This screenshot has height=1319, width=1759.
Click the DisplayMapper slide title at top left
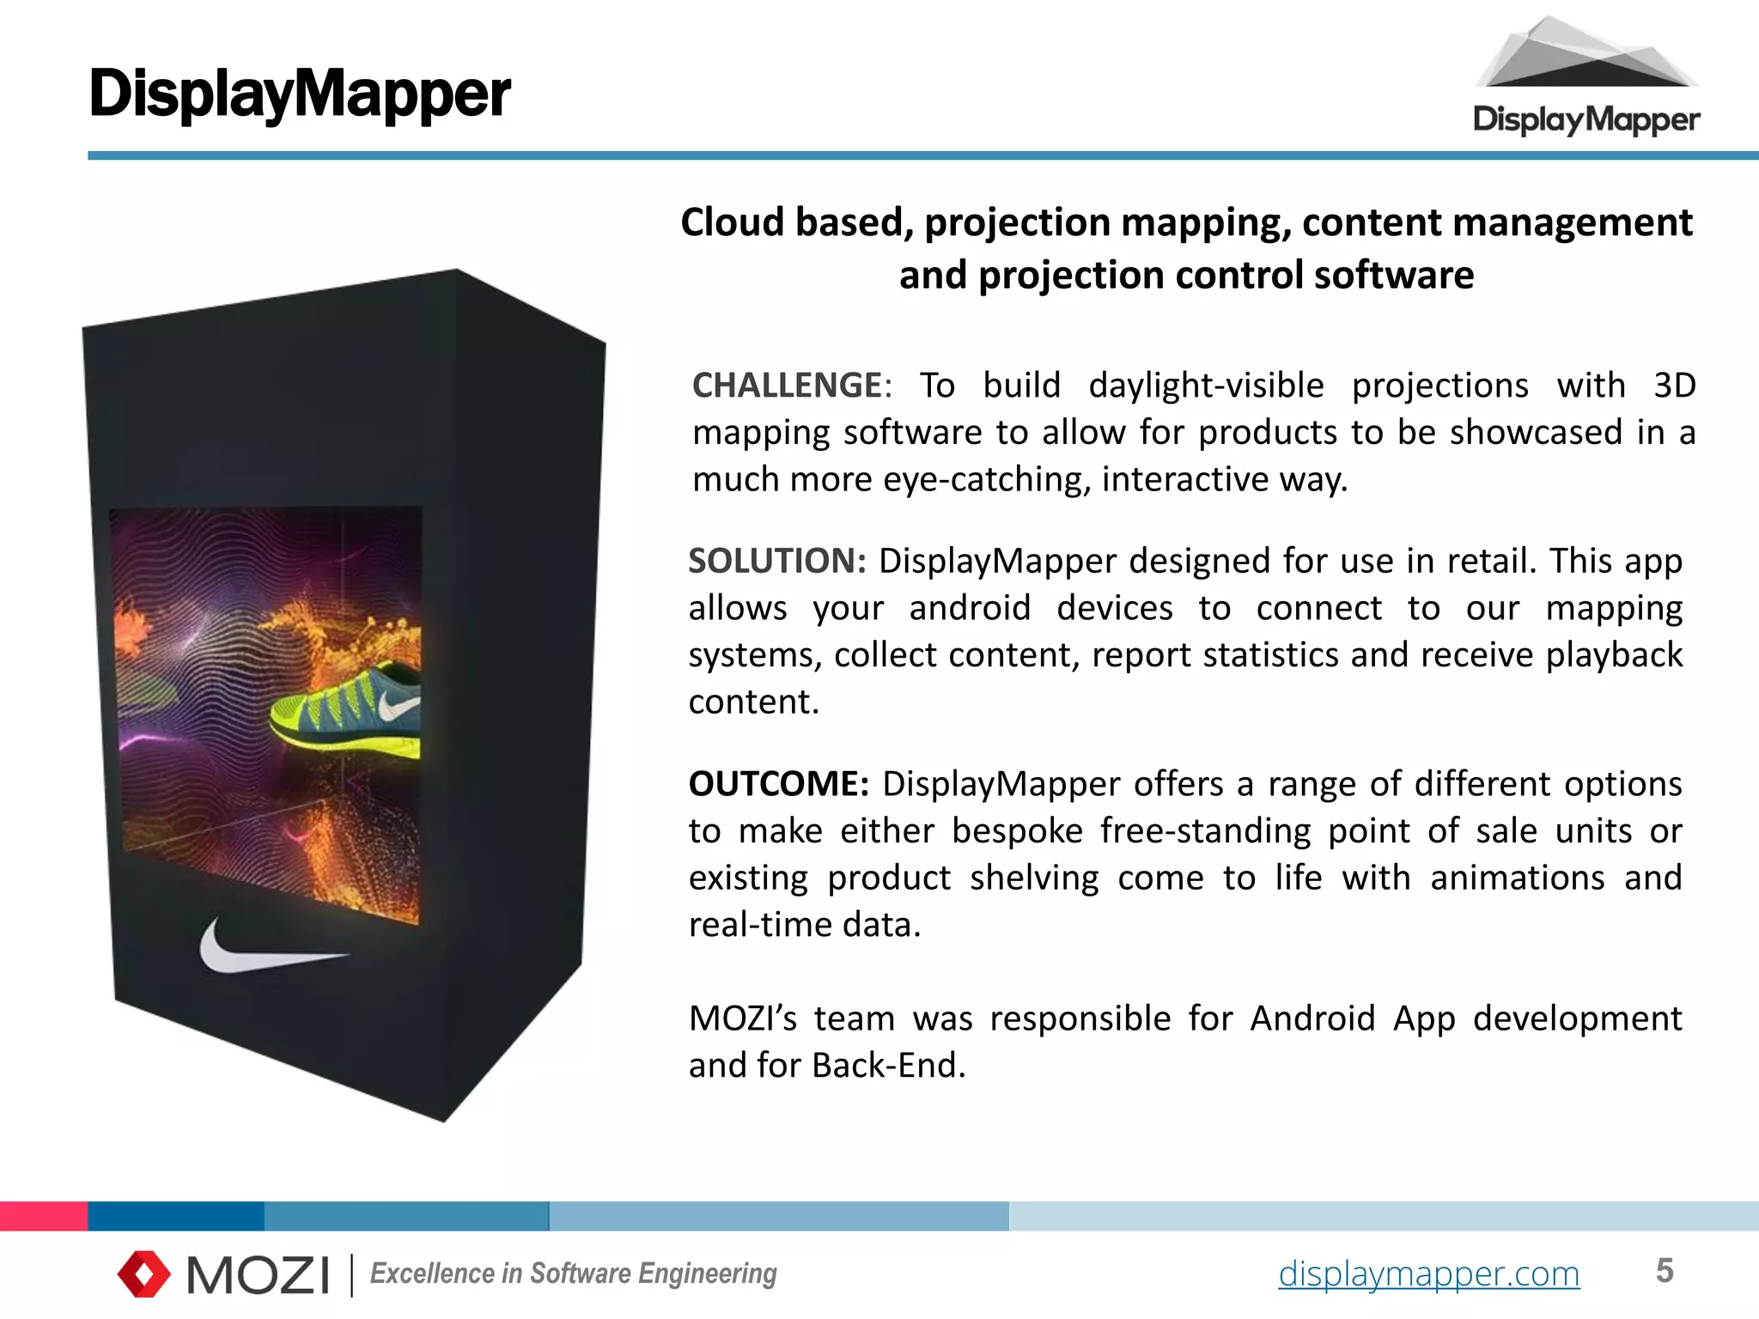coord(300,94)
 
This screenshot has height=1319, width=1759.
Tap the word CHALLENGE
coord(787,386)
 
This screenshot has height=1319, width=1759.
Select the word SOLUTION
coord(776,561)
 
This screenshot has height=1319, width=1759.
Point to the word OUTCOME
coord(778,784)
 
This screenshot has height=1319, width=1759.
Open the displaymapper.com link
coord(1428,1273)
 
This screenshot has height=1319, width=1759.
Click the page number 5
coord(1665,1271)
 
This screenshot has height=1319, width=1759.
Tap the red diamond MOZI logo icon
coord(143,1273)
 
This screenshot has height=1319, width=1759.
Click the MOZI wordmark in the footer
coord(258,1274)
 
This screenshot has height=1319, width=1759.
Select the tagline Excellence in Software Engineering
coord(573,1273)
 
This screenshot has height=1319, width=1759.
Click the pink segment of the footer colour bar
coord(43,1216)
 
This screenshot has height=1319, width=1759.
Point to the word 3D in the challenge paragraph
coord(1674,386)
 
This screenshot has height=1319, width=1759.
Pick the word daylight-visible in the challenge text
coord(1206,386)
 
